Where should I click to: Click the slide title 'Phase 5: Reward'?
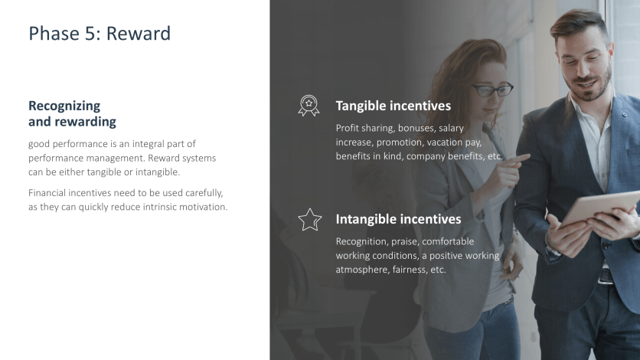click(100, 34)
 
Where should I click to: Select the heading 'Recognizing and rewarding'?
click(72, 113)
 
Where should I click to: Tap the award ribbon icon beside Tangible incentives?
click(309, 106)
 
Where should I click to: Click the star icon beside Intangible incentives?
click(309, 220)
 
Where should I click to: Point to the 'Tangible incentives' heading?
click(393, 106)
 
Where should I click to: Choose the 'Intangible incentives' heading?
click(398, 219)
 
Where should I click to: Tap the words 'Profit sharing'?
click(364, 128)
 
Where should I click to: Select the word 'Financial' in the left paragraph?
click(48, 192)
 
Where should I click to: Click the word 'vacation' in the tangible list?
click(446, 142)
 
